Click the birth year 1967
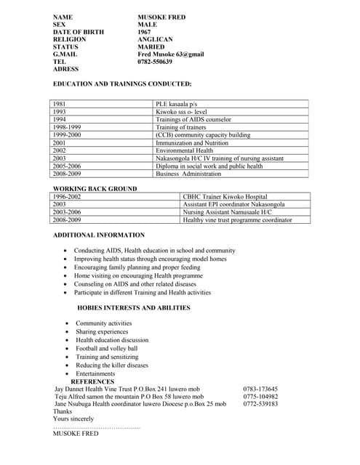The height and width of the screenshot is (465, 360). click(145, 32)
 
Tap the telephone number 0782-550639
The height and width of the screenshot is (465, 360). click(155, 62)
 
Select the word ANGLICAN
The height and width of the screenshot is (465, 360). click(155, 39)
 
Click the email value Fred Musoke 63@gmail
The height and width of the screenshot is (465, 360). click(171, 54)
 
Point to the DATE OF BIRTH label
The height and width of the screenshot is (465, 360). click(79, 32)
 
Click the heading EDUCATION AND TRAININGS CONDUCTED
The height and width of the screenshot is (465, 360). click(122, 84)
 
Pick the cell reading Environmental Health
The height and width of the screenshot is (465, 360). click(185, 150)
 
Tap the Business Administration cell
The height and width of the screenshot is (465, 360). click(188, 174)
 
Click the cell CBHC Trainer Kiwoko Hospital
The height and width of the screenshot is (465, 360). click(225, 196)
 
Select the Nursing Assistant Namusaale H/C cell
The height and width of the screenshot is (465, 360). click(227, 211)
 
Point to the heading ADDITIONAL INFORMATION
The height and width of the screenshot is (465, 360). click(99, 235)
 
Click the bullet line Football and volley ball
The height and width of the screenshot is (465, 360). click(106, 349)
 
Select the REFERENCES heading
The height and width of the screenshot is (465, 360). click(92, 381)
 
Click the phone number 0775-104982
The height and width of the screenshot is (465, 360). click(260, 397)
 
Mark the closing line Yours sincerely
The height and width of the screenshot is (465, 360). click(73, 418)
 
